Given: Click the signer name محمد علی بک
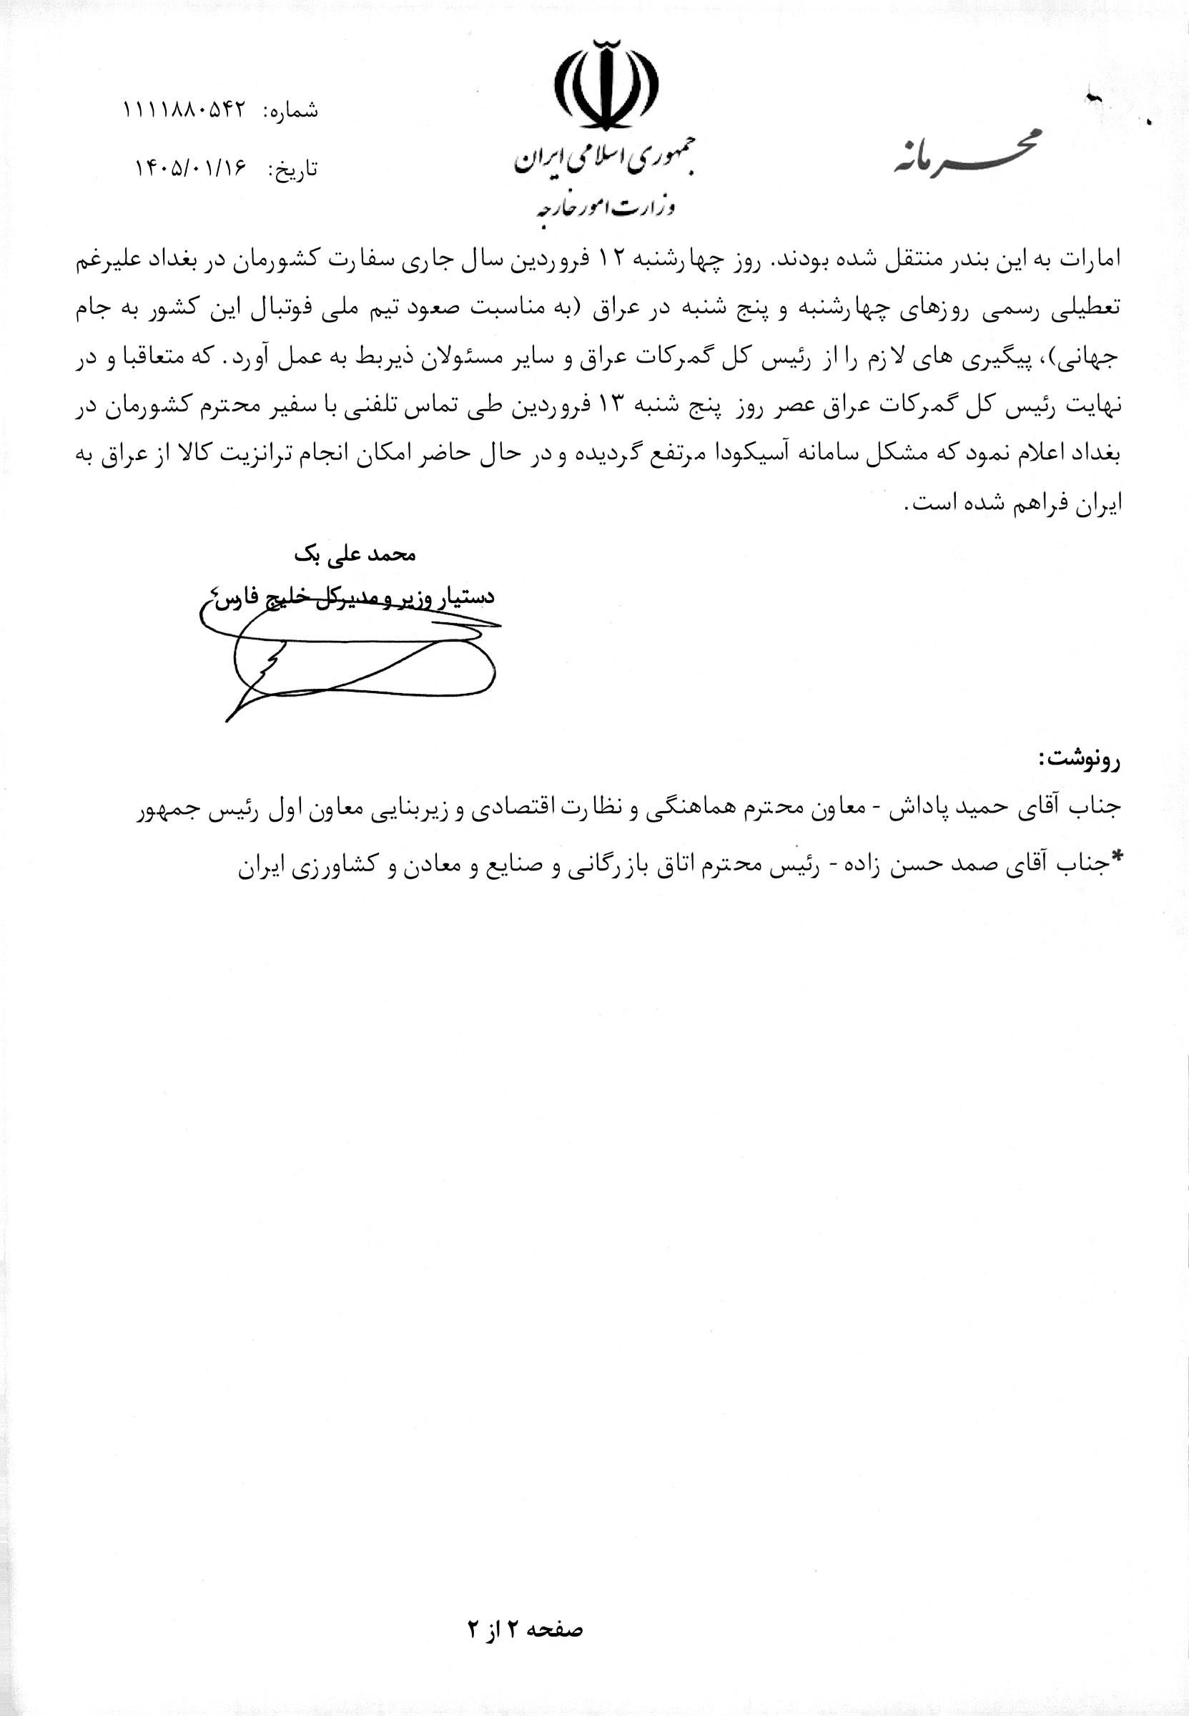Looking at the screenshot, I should point(355,555).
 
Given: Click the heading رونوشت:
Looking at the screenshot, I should point(1079,760).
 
